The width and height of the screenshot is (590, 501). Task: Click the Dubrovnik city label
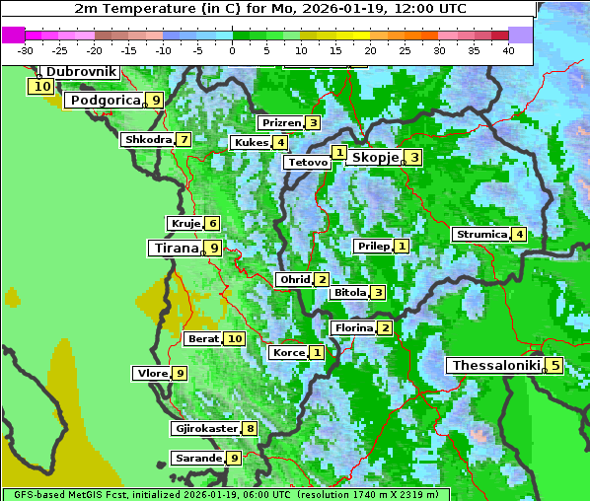tap(81, 72)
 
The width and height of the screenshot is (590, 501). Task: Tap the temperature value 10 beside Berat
tap(234, 338)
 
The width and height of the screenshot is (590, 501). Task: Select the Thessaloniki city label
tap(495, 365)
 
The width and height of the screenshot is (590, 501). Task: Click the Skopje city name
tap(374, 157)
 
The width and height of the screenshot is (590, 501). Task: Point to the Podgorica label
tap(104, 100)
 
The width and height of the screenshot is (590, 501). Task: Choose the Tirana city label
tap(174, 248)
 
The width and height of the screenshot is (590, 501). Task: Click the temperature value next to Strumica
tap(518, 234)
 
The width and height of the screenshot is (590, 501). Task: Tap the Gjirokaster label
tap(205, 428)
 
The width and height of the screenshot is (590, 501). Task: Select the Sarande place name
tap(197, 458)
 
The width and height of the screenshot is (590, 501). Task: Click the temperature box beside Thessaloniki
tap(554, 365)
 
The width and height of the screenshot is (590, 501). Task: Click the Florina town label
tap(353, 327)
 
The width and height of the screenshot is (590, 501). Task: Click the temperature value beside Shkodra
tap(184, 139)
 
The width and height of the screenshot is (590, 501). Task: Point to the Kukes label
tap(250, 142)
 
